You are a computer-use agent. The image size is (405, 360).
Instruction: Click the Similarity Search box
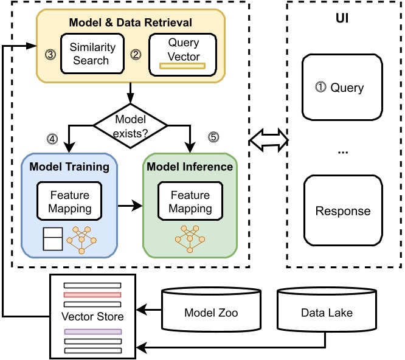[x=89, y=54]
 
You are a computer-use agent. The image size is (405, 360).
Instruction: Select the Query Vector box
[x=183, y=54]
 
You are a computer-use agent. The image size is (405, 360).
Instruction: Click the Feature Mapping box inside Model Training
[x=69, y=202]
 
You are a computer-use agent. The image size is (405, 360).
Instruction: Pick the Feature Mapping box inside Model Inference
[x=190, y=202]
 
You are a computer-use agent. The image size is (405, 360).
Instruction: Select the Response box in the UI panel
[x=342, y=211]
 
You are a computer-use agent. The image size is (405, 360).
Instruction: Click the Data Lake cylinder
[x=327, y=313]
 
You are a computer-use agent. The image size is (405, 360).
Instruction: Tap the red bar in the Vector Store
[x=92, y=294]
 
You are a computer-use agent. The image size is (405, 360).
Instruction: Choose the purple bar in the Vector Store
[x=92, y=332]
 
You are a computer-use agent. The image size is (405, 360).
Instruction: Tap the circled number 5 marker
[x=213, y=137]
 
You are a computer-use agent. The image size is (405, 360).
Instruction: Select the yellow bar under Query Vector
[x=182, y=66]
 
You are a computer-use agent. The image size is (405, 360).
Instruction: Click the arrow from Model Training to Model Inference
[x=130, y=207]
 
